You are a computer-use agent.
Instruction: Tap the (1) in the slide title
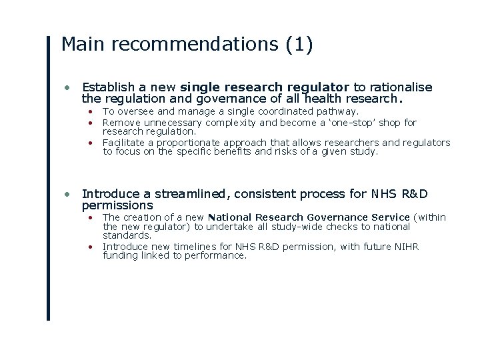[x=298, y=45]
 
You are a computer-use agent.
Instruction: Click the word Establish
[x=107, y=87]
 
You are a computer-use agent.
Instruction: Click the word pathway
[x=338, y=111]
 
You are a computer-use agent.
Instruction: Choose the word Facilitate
[x=124, y=143]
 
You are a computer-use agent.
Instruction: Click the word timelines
[x=191, y=247]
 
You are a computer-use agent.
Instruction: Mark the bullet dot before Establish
[x=67, y=88]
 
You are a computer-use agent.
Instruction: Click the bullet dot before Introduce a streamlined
[x=67, y=195]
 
